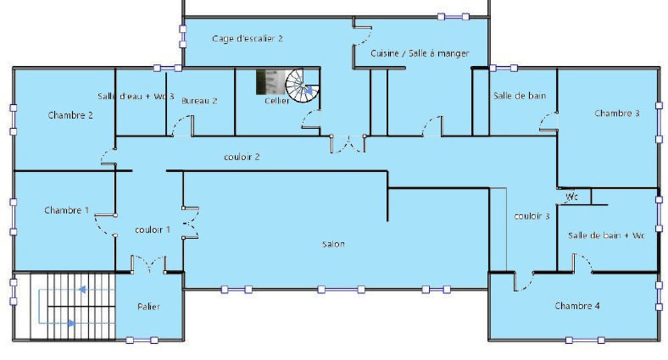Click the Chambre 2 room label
(x=70, y=115)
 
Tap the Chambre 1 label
(x=66, y=210)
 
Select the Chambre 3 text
(x=617, y=114)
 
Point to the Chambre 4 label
(x=576, y=306)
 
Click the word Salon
(x=333, y=244)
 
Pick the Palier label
(x=148, y=307)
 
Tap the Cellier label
(x=277, y=101)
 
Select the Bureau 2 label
(x=200, y=101)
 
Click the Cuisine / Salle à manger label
(x=420, y=53)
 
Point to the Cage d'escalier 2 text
(x=247, y=39)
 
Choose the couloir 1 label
(x=152, y=229)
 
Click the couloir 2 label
(x=241, y=157)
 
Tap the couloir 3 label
(x=532, y=216)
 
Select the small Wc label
(x=572, y=198)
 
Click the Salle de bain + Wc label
(x=607, y=235)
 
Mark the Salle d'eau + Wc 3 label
(x=136, y=96)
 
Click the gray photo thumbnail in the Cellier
(x=269, y=82)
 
